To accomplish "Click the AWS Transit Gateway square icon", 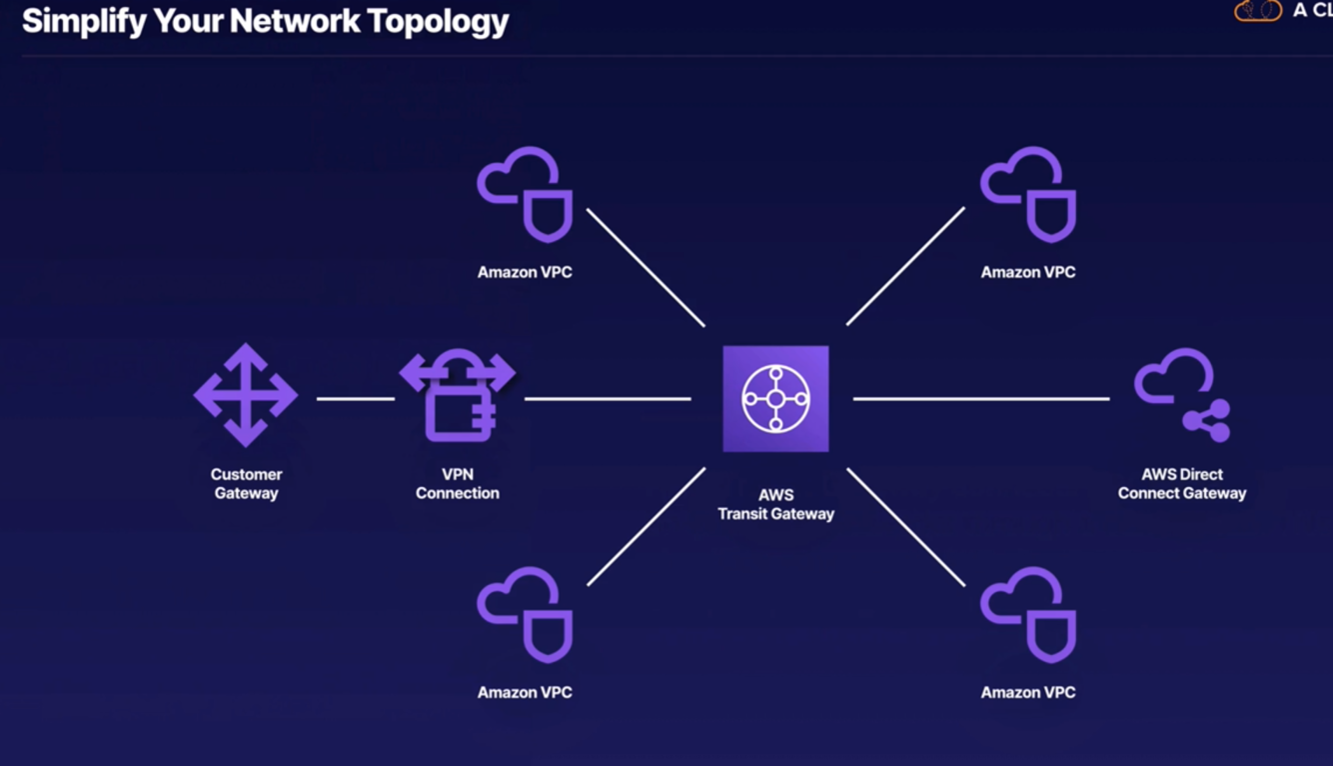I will pos(775,398).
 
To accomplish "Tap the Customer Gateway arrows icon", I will pos(246,395).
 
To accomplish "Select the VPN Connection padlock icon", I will pos(458,397).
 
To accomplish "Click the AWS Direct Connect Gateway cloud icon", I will pos(1182,395).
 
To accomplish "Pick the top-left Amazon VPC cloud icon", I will pos(525,194).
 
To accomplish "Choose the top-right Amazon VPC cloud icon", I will pos(1028,194).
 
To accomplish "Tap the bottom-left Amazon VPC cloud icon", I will pos(525,614).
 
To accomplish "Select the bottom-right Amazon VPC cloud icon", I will pos(1028,614).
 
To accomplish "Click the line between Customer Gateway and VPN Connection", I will pos(356,399).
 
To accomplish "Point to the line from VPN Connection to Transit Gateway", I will pos(608,399).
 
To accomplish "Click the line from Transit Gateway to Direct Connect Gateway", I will pos(981,399).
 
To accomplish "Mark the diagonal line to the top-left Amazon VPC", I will pos(646,267).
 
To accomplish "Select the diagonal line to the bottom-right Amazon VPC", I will pos(906,527).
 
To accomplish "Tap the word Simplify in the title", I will pos(80,21).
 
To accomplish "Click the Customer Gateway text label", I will pos(246,483).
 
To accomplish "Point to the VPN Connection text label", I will pos(458,483).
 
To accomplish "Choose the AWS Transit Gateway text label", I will pos(775,504).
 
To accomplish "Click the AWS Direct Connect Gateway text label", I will pos(1182,483).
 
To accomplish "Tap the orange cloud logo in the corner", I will pos(1258,11).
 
